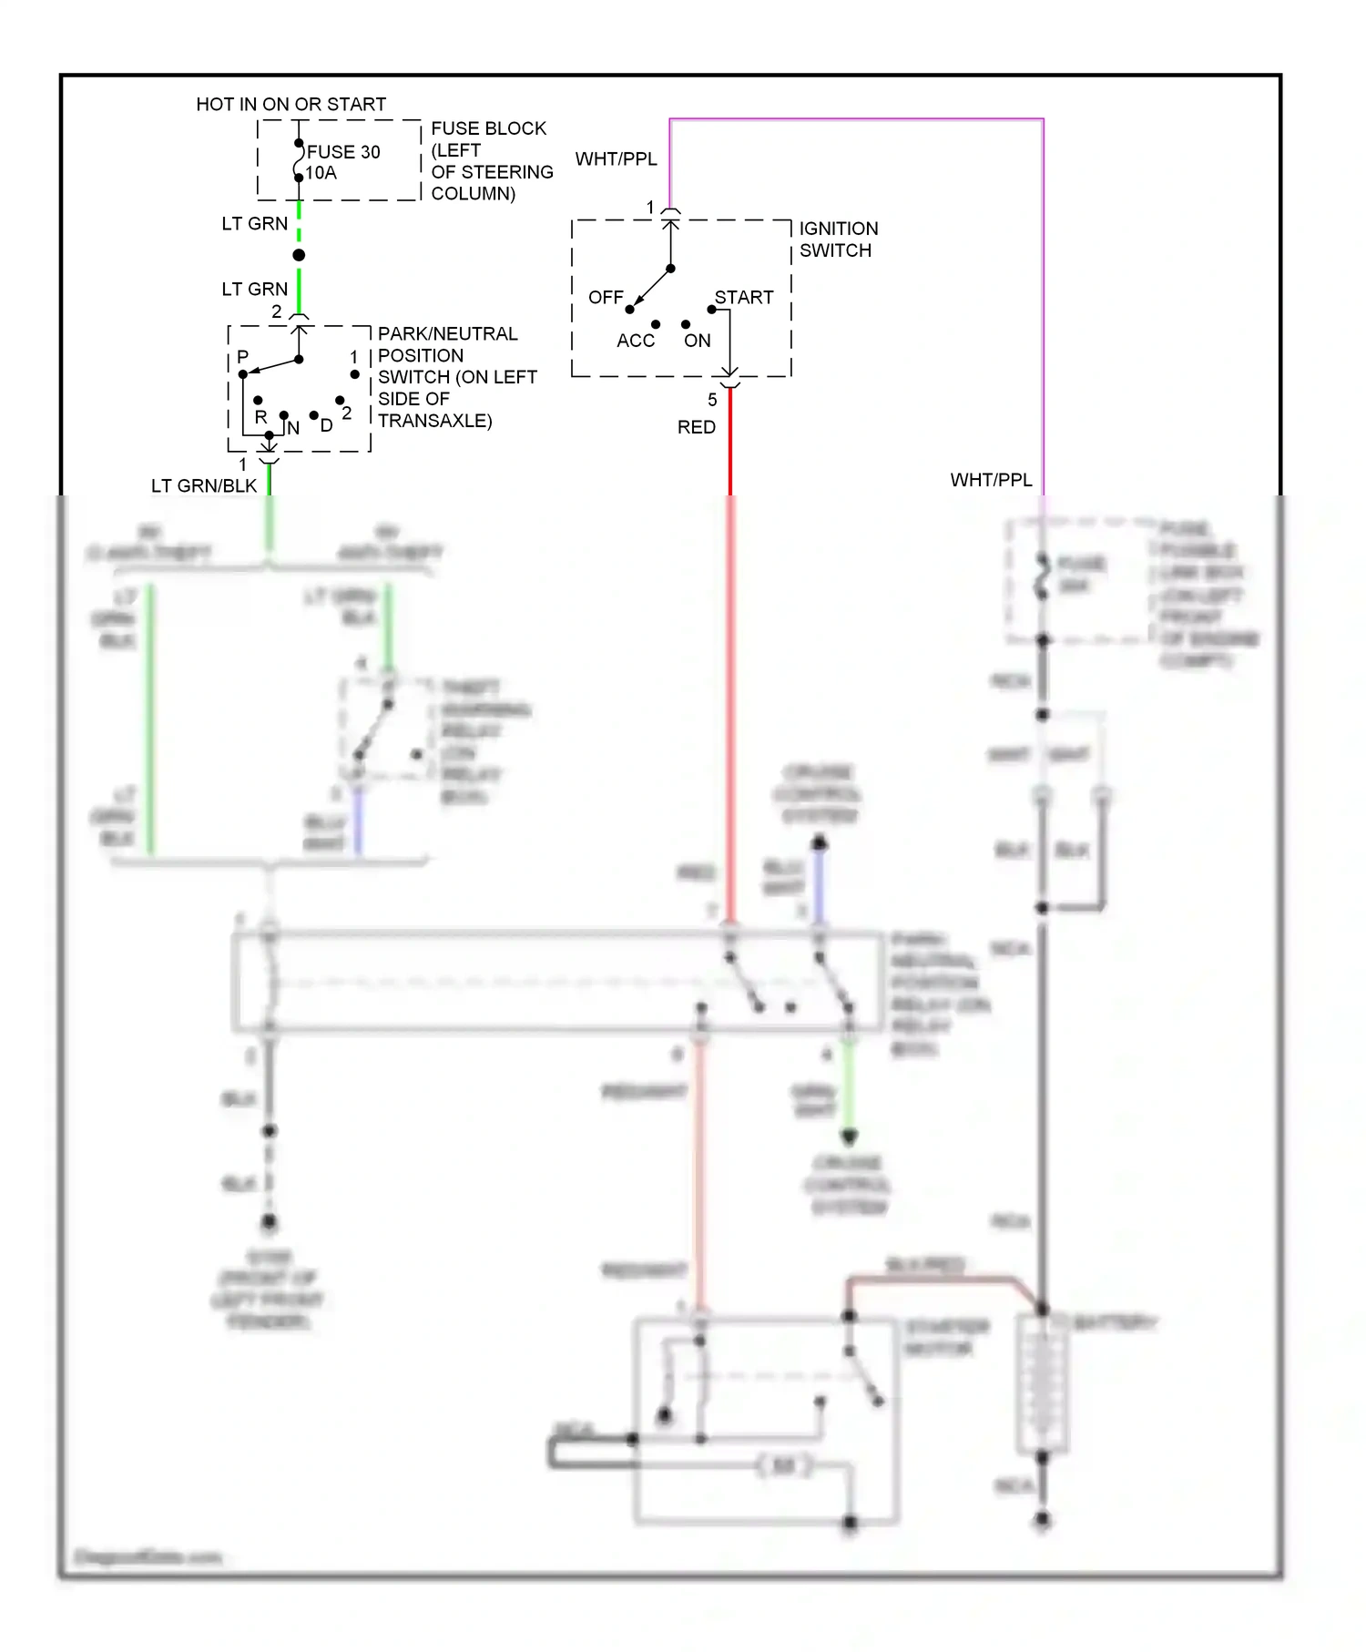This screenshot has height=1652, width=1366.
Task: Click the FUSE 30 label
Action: [x=343, y=152]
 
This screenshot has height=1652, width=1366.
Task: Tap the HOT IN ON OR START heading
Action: [x=291, y=105]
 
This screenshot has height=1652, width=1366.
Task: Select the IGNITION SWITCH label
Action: [x=838, y=240]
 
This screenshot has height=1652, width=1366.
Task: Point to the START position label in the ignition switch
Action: [x=743, y=298]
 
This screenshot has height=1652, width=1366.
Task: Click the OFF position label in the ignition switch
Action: [x=606, y=298]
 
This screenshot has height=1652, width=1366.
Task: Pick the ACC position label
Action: [x=635, y=341]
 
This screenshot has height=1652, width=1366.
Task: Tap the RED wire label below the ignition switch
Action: [x=696, y=427]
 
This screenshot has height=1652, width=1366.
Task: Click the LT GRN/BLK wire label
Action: [x=204, y=486]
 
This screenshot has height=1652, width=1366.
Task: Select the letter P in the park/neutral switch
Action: [x=242, y=357]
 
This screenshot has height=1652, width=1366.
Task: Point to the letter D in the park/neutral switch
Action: [x=326, y=425]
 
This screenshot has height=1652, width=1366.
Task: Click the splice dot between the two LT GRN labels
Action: [x=299, y=255]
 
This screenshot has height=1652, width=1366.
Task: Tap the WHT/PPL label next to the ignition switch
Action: [x=616, y=159]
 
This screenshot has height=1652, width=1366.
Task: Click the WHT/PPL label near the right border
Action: [x=991, y=480]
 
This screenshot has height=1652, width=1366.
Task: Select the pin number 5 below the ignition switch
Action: [x=712, y=400]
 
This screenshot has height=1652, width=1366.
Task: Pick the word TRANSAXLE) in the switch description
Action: [x=434, y=421]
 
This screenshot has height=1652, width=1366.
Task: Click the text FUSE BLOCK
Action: [x=488, y=128]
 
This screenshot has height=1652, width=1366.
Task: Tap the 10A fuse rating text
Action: [x=321, y=173]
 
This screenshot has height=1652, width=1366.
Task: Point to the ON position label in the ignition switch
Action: [x=697, y=341]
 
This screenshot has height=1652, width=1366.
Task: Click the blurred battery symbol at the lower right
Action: [x=1042, y=1384]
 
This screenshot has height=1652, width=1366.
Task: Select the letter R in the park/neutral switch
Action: [x=260, y=417]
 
